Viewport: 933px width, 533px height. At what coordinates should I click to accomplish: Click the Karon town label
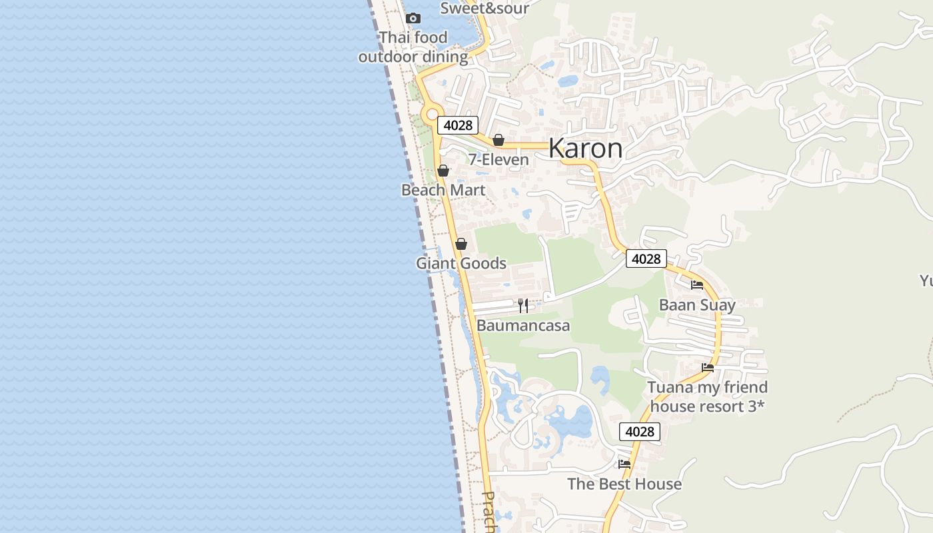[x=585, y=149]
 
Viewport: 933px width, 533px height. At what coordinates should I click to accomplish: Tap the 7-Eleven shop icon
[x=498, y=140]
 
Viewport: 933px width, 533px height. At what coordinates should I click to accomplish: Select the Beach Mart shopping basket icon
[x=443, y=171]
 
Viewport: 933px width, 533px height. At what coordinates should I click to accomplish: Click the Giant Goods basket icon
[x=461, y=244]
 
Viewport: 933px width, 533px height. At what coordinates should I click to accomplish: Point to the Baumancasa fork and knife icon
[x=523, y=306]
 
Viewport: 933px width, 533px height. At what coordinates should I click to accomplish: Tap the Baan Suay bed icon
[x=697, y=285]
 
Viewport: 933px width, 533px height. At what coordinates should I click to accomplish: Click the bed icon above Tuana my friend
[x=708, y=367]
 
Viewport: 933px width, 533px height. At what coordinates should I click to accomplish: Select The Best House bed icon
[x=624, y=464]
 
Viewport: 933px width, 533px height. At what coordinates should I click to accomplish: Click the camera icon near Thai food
[x=413, y=18]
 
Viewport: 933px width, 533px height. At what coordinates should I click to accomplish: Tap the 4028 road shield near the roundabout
[x=458, y=125]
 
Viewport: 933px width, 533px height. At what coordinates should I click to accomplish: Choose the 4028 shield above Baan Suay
[x=646, y=259]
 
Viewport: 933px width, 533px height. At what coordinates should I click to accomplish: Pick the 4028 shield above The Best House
[x=640, y=432]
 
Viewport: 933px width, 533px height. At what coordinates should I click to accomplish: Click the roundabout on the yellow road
[x=433, y=114]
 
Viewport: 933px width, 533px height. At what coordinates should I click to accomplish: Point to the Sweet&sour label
[x=484, y=8]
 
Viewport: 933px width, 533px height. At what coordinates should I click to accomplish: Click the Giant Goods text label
[x=461, y=263]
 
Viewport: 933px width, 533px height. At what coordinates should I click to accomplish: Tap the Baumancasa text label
[x=523, y=326]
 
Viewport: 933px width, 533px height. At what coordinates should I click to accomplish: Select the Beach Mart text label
[x=443, y=190]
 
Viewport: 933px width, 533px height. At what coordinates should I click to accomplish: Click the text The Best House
[x=624, y=484]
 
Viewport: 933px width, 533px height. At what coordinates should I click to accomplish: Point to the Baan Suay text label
[x=697, y=305]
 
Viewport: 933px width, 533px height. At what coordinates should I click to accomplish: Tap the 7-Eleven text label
[x=498, y=159]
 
